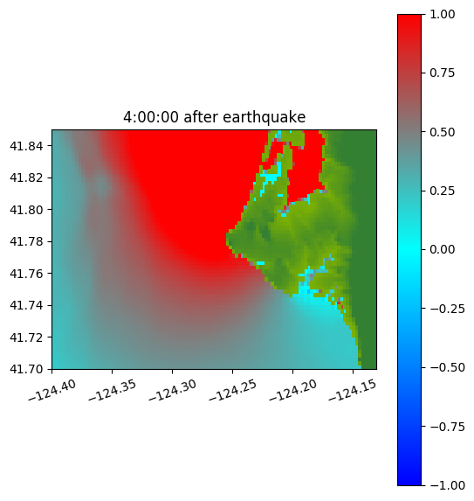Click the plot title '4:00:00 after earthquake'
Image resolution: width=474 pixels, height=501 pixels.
pos(215,117)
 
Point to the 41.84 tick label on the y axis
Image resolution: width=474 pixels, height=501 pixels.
pos(26,146)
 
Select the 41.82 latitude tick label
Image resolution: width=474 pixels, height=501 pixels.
pos(26,177)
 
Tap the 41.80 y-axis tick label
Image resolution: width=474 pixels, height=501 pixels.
pos(26,210)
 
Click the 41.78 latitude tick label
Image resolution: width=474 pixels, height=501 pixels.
pos(26,241)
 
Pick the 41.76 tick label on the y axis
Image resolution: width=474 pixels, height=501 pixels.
pos(26,274)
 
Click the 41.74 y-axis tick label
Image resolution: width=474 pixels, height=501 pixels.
pos(26,305)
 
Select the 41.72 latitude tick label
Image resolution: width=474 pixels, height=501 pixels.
pos(26,337)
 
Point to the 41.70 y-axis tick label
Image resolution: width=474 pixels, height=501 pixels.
pos(26,369)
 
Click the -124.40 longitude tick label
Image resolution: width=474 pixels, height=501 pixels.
pos(52,390)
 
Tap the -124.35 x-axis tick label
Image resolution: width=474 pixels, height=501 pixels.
pos(113,390)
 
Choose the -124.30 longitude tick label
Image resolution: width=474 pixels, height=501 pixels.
pos(173,390)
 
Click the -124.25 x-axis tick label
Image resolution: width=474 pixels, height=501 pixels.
pos(233,390)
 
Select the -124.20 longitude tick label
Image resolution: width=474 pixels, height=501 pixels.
pos(293,390)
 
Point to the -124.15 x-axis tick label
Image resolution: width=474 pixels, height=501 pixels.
pos(353,390)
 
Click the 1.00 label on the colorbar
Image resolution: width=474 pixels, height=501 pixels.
pos(442,14)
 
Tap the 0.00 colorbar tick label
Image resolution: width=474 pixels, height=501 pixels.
pos(442,249)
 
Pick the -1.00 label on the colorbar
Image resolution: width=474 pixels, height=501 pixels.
pos(447,485)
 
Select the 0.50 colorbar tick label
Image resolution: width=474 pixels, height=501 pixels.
pos(442,132)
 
